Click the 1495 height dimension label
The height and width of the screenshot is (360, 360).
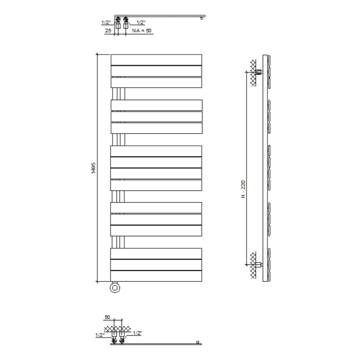(x=93, y=169)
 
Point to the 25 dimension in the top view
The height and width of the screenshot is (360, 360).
(x=108, y=31)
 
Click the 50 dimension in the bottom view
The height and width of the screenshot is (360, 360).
(x=107, y=318)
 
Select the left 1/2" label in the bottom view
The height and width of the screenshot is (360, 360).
(x=100, y=335)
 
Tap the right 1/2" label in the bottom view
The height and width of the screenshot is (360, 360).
(x=137, y=333)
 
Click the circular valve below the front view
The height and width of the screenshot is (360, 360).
(x=115, y=288)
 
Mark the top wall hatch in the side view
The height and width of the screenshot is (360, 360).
(x=253, y=66)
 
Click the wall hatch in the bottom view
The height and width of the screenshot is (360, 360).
(x=115, y=328)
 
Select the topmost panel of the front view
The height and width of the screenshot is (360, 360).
(x=156, y=60)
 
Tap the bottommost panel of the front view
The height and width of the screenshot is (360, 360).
(x=156, y=276)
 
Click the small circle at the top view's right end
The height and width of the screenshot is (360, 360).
(x=202, y=19)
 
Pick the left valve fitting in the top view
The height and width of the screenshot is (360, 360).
(x=117, y=23)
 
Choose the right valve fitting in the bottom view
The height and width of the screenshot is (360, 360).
(x=123, y=335)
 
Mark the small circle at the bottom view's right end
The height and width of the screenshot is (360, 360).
(x=198, y=342)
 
